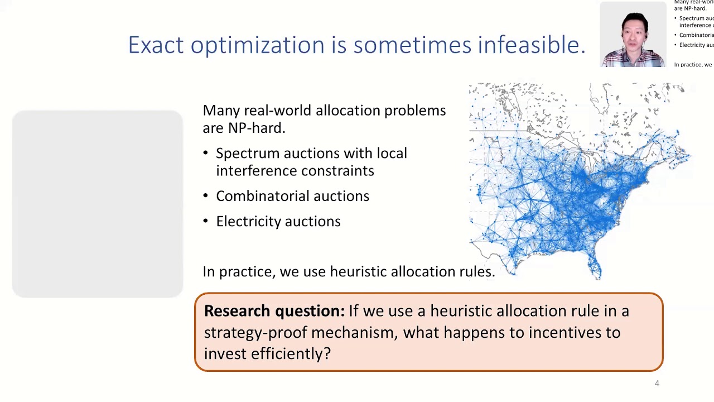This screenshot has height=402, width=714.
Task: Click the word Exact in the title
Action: pyautogui.click(x=156, y=45)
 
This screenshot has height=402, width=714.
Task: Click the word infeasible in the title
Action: pyautogui.click(x=530, y=45)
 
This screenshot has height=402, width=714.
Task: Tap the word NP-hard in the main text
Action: pyautogui.click(x=256, y=128)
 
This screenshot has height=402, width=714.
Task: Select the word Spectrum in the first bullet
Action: pyautogui.click(x=248, y=154)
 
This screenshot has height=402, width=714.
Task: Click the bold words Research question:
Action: pyautogui.click(x=274, y=311)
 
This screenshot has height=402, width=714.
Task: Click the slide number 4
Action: pyautogui.click(x=657, y=383)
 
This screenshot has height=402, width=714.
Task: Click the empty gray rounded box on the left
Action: pyautogui.click(x=98, y=204)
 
